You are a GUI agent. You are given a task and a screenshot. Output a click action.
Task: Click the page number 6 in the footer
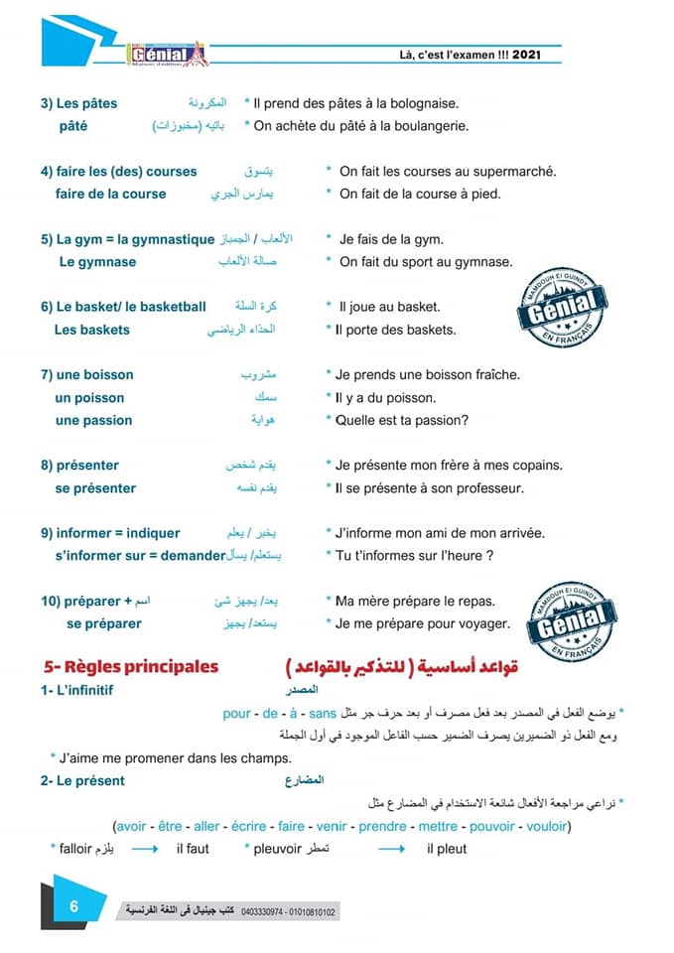coord(73,908)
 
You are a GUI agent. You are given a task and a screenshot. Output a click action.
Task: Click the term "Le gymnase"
coord(97,262)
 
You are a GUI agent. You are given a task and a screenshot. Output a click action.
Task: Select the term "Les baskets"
coord(91,330)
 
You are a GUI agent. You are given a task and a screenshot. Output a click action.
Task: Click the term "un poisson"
coord(90,398)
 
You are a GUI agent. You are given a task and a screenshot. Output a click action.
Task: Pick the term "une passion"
coord(94,420)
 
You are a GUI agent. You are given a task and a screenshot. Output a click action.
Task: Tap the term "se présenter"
coord(95,488)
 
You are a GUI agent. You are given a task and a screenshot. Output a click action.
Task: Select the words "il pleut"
coord(446,849)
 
